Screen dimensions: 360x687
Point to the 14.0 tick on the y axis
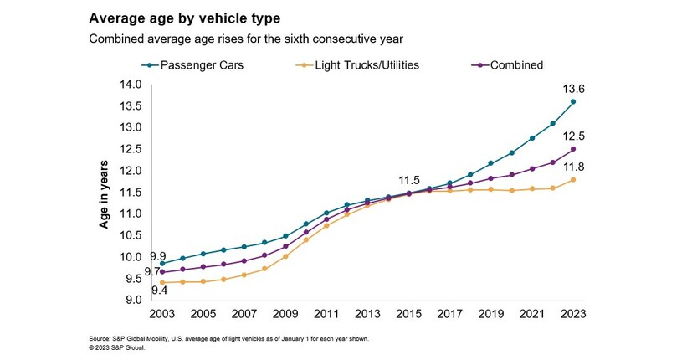pos(131,85)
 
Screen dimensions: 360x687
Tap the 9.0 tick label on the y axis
pos(134,300)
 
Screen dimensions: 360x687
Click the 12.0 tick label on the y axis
pos(131,171)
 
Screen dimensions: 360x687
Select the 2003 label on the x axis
pos(162,315)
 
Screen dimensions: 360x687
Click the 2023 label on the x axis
pos(572,315)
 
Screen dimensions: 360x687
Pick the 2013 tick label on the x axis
pos(367,315)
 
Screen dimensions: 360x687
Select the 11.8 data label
pos(572,165)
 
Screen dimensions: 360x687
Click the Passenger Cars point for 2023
pos(572,102)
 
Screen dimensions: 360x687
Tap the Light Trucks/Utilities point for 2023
pos(572,179)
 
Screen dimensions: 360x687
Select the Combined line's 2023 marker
pos(572,149)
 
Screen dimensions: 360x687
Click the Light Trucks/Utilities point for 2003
pos(162,282)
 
